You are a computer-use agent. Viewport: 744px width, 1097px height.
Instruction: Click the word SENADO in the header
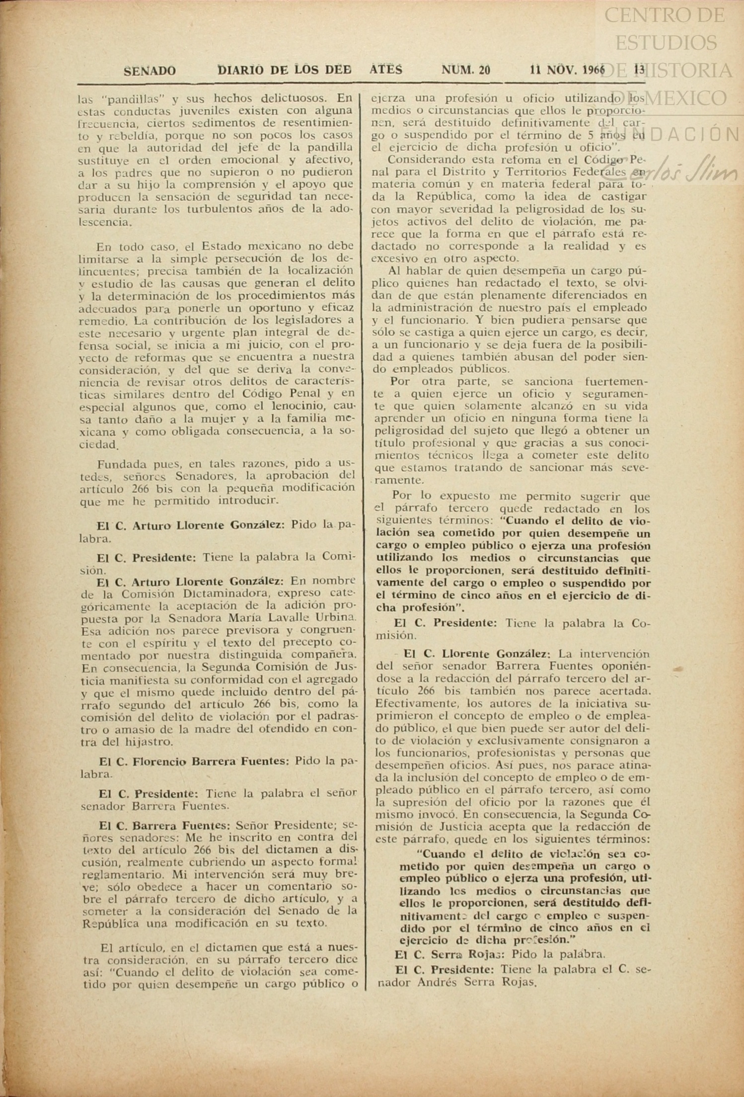point(149,71)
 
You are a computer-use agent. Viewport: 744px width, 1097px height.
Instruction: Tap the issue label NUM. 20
point(465,70)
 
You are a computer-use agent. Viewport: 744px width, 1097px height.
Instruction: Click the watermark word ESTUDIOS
point(666,43)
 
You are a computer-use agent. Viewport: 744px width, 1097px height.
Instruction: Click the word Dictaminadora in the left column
point(226,593)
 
